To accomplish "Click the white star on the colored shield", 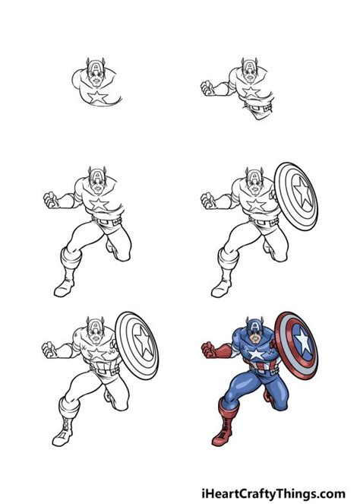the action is click(303, 341).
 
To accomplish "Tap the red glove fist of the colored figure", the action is click(208, 350).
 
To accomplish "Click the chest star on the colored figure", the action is click(257, 354).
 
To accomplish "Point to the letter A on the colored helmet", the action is click(254, 326).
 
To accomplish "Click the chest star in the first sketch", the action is click(97, 97).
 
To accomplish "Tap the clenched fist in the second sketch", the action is click(207, 87).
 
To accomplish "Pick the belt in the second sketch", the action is click(257, 106).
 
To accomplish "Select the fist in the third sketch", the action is click(51, 200).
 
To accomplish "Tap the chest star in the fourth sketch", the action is click(256, 204).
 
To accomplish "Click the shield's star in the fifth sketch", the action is click(143, 341).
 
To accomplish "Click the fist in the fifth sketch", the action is click(49, 350).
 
